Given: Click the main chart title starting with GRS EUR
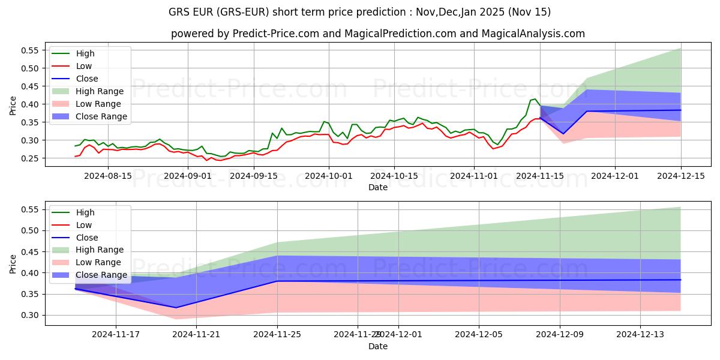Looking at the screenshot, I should tap(360, 12).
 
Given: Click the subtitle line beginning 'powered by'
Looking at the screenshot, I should tap(378, 34).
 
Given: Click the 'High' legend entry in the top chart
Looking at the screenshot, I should tap(85, 53).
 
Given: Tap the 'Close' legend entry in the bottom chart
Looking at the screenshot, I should tap(87, 238).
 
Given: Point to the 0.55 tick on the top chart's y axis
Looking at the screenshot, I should tap(29, 50).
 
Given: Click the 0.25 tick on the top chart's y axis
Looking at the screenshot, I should tap(29, 158).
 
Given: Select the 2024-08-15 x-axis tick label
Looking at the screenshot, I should tap(108, 176).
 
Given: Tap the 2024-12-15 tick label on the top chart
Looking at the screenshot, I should tap(680, 176).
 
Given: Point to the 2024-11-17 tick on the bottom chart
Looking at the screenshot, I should tap(116, 335).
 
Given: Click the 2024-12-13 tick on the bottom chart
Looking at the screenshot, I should tap(640, 335).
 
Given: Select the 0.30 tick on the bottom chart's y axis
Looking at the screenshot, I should tap(29, 316).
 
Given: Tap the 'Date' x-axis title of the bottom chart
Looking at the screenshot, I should tap(378, 346).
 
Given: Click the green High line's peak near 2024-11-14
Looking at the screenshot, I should tap(535, 99).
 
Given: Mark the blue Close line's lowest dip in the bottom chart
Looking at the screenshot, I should tap(176, 308).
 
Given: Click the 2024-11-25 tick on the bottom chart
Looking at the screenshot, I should tap(277, 335).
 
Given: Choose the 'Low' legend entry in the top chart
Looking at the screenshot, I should tap(85, 66).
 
